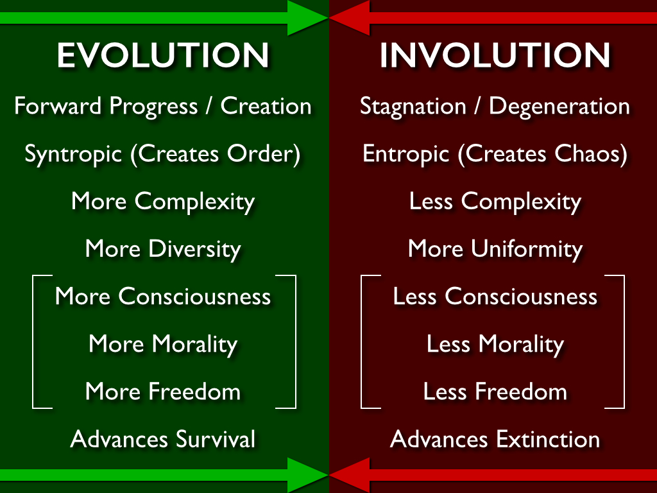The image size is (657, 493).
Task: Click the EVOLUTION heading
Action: point(163,55)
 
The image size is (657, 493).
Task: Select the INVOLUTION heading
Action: point(495,55)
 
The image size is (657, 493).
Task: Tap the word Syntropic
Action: point(73,154)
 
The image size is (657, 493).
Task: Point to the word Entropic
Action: point(406,154)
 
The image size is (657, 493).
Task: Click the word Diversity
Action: point(195,250)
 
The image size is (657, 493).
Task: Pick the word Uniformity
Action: point(527,250)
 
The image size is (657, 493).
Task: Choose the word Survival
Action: point(216,439)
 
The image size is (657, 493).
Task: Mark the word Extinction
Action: point(548,439)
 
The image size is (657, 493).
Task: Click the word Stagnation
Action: point(413,107)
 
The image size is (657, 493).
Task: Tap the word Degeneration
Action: point(559,107)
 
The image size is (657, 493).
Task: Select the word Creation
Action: point(266,106)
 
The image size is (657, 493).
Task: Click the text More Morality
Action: point(163,345)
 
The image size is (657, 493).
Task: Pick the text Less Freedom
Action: point(495,392)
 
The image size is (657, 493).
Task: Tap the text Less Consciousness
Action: point(495,297)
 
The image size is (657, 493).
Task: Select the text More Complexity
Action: point(163,202)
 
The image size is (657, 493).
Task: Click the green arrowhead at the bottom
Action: point(307,475)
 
